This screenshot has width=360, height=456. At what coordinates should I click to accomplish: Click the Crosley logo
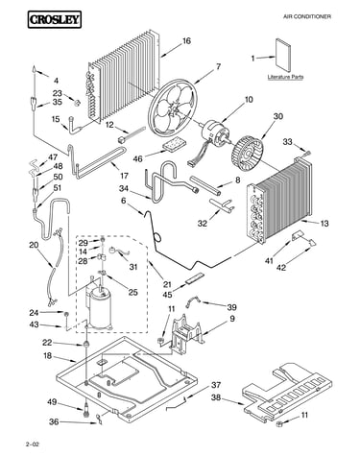tap(54, 19)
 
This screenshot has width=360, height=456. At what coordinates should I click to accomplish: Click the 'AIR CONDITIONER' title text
tap(307, 16)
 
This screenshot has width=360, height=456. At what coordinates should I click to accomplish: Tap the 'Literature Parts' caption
tap(285, 77)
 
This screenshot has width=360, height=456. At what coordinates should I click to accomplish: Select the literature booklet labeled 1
tap(283, 55)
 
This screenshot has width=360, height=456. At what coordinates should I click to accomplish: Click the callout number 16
tap(186, 41)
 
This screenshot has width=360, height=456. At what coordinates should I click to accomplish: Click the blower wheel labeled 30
tap(247, 151)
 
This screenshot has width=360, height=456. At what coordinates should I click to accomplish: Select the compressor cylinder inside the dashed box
tap(100, 308)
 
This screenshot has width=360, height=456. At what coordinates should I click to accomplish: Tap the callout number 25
tap(132, 292)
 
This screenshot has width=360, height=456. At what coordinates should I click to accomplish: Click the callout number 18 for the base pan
tap(47, 355)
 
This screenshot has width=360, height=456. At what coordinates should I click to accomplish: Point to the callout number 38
tap(216, 397)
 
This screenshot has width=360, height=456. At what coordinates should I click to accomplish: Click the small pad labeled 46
tap(174, 145)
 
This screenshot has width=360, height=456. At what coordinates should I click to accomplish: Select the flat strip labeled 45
tap(194, 278)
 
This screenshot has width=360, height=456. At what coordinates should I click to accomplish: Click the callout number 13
tap(324, 223)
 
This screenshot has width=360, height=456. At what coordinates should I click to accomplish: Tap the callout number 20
tap(34, 245)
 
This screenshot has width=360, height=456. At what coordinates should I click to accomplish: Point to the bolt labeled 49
tap(86, 409)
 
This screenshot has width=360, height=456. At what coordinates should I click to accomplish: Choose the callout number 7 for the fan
tap(218, 66)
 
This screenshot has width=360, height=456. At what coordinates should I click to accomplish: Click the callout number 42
tap(280, 267)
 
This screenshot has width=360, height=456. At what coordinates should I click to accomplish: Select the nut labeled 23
tap(77, 103)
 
